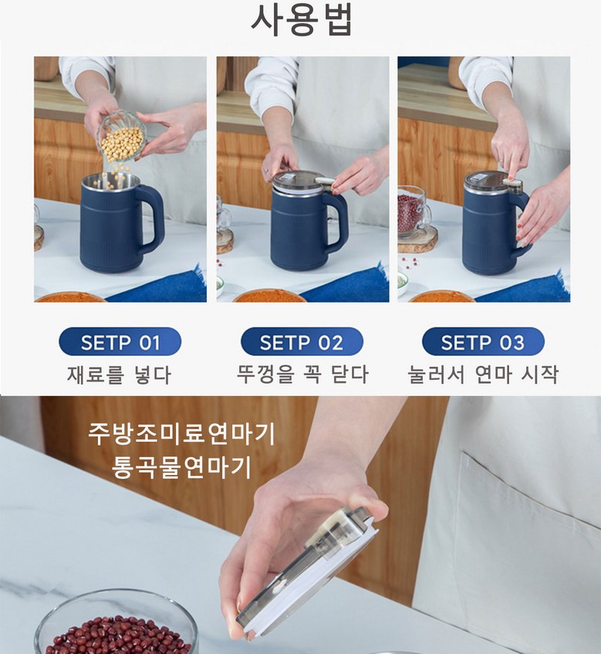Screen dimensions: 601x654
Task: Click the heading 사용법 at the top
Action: pyautogui.click(x=302, y=20)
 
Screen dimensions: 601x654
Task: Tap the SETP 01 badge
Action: pyautogui.click(x=120, y=341)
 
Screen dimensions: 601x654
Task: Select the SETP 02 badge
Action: pyautogui.click(x=302, y=341)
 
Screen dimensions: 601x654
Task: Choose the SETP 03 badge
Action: pyautogui.click(x=483, y=341)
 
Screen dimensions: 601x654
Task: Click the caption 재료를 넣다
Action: pyautogui.click(x=120, y=374)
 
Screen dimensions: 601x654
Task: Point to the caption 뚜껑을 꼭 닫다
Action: pyautogui.click(x=302, y=374)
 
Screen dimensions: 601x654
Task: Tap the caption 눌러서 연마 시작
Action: pyautogui.click(x=483, y=374)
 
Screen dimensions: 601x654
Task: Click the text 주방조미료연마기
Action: pyautogui.click(x=182, y=434)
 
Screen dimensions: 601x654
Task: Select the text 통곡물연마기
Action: pyautogui.click(x=182, y=467)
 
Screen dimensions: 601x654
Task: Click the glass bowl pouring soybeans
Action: pyautogui.click(x=120, y=137)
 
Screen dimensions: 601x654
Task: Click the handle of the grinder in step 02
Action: pyautogui.click(x=336, y=222)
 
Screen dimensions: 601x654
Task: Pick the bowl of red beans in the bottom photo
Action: pyautogui.click(x=116, y=624)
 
